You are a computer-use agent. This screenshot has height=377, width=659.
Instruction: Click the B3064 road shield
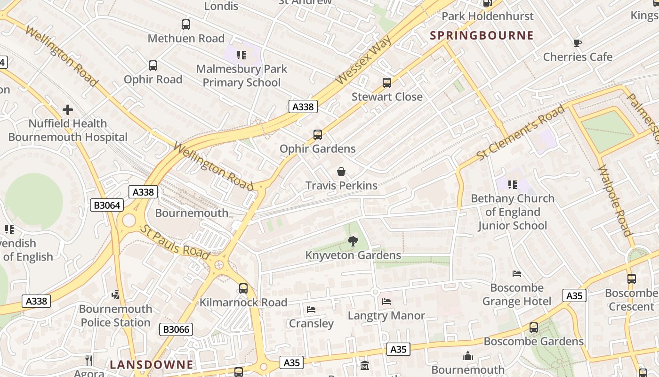click(x=107, y=205)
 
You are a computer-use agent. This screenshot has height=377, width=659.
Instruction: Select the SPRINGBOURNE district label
click(x=482, y=35)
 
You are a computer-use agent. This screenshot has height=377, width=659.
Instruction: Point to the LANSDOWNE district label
click(x=152, y=364)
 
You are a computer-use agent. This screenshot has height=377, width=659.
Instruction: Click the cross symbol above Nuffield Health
click(x=68, y=110)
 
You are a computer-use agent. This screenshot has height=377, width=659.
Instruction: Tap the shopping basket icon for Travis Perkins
click(x=341, y=172)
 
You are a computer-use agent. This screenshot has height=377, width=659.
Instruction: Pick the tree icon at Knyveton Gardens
click(x=353, y=242)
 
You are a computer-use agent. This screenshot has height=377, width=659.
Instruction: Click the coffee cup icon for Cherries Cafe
click(x=578, y=43)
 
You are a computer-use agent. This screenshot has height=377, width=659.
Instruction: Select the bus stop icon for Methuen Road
click(x=186, y=25)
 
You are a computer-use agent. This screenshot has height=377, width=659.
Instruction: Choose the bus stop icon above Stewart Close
click(x=387, y=83)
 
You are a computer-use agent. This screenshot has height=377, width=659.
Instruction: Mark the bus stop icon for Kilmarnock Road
click(x=243, y=288)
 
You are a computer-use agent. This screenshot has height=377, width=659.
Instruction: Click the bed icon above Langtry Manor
click(x=386, y=302)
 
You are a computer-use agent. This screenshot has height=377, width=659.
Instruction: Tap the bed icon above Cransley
click(x=311, y=310)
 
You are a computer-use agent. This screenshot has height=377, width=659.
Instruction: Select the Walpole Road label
click(x=615, y=200)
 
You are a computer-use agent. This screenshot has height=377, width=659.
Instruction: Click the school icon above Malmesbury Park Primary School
click(x=241, y=55)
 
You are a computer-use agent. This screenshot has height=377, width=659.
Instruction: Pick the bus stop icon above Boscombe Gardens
click(x=534, y=328)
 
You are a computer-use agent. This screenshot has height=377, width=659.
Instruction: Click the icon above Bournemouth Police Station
click(x=116, y=295)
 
